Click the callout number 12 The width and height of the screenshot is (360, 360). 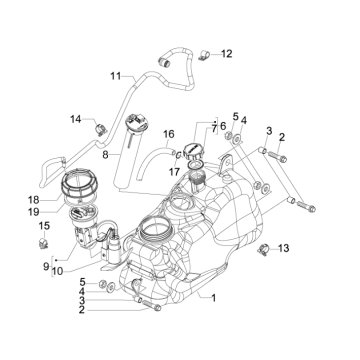coord(226,53)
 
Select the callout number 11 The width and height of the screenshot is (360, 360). coord(115,76)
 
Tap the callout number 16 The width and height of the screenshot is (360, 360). coord(169,133)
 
